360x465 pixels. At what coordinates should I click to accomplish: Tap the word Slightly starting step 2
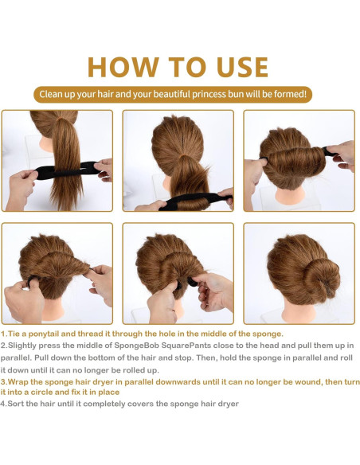(22, 346)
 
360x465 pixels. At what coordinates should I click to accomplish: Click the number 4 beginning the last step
(3, 404)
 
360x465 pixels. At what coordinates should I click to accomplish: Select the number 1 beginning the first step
(3, 334)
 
